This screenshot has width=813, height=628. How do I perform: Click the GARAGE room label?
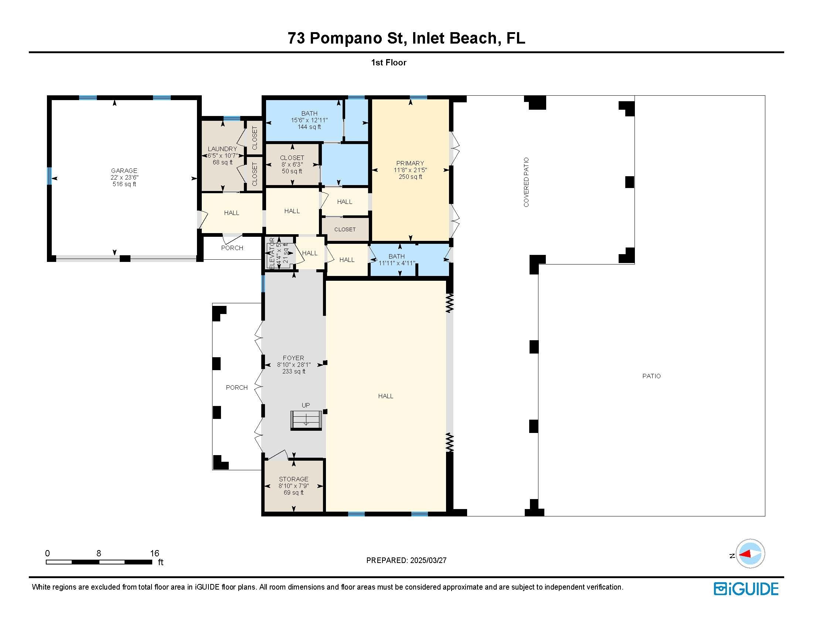(124, 171)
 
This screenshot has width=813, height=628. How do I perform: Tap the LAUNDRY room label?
(222, 149)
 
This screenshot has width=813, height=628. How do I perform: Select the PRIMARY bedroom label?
(410, 163)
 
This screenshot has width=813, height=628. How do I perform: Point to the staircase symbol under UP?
(306, 420)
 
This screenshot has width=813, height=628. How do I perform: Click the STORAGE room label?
(294, 479)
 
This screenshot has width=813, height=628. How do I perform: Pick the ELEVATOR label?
(272, 253)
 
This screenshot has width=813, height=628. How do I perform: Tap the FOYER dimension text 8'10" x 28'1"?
(294, 365)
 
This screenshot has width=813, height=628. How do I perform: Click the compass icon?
(750, 554)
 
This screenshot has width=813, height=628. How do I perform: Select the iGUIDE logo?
(746, 589)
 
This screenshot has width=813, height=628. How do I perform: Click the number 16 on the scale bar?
(154, 553)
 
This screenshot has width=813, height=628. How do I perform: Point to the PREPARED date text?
(406, 560)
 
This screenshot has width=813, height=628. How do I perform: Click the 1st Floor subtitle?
(389, 62)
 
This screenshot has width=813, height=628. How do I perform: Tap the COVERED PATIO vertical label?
(526, 182)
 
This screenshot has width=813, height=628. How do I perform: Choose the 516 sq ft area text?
(124, 184)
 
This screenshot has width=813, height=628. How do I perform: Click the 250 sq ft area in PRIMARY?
(410, 177)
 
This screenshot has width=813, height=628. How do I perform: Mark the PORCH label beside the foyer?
(237, 388)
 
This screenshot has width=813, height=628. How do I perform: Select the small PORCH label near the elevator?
(232, 248)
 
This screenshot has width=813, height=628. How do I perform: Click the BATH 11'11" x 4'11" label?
(397, 260)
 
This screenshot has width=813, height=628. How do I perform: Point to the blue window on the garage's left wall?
(49, 176)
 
